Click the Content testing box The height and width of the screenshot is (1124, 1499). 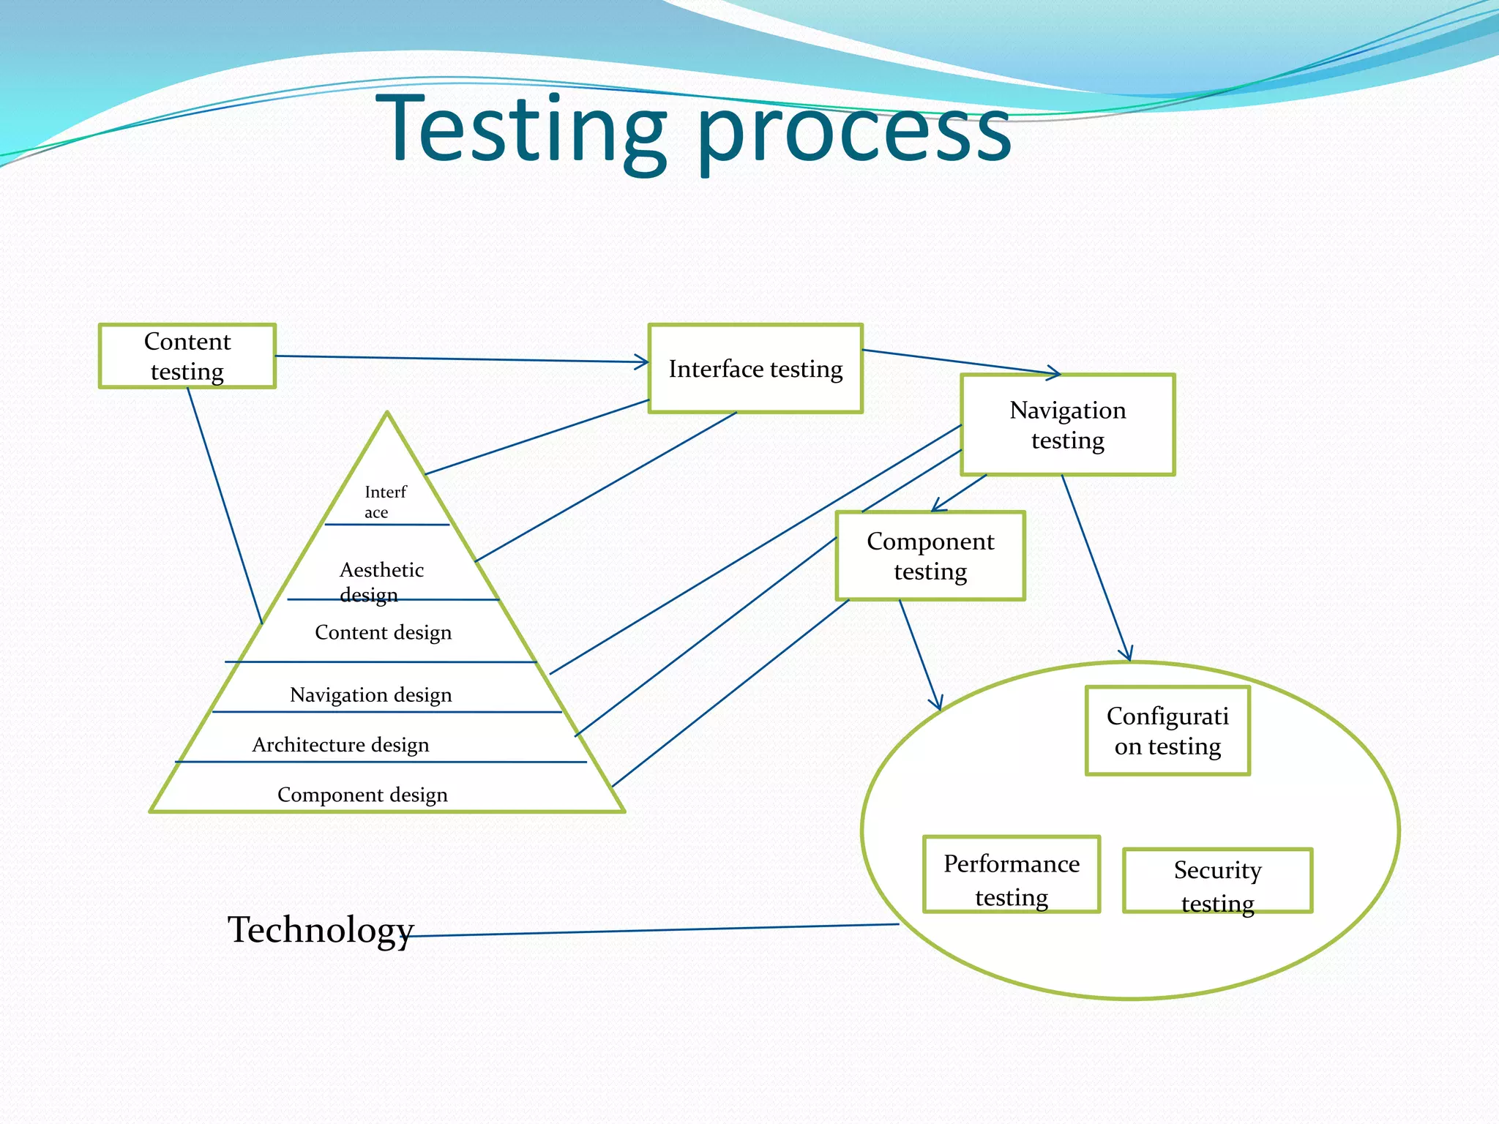(x=187, y=356)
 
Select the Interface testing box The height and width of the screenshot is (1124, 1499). (x=755, y=369)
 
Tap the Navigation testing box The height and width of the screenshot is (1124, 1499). (x=1067, y=425)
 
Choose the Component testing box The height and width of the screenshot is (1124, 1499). (x=930, y=556)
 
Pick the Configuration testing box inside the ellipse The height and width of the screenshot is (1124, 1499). (x=1167, y=731)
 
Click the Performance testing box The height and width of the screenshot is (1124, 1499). (x=1012, y=875)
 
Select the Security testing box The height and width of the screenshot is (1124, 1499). (x=1217, y=881)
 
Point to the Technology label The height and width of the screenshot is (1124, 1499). (x=321, y=929)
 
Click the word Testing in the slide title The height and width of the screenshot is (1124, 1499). (x=521, y=130)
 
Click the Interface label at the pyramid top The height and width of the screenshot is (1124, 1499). (x=384, y=501)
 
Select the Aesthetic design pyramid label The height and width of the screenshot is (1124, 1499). (x=381, y=581)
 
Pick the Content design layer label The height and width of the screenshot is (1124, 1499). (x=383, y=632)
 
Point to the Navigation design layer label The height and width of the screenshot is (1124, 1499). (x=370, y=694)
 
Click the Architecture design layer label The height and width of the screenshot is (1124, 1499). (x=340, y=745)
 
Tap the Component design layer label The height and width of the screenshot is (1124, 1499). (x=362, y=795)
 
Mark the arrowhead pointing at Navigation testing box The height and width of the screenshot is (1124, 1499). (x=1054, y=374)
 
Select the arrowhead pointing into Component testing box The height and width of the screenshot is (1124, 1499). (x=938, y=506)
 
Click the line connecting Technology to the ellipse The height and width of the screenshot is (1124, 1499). (x=659, y=930)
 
